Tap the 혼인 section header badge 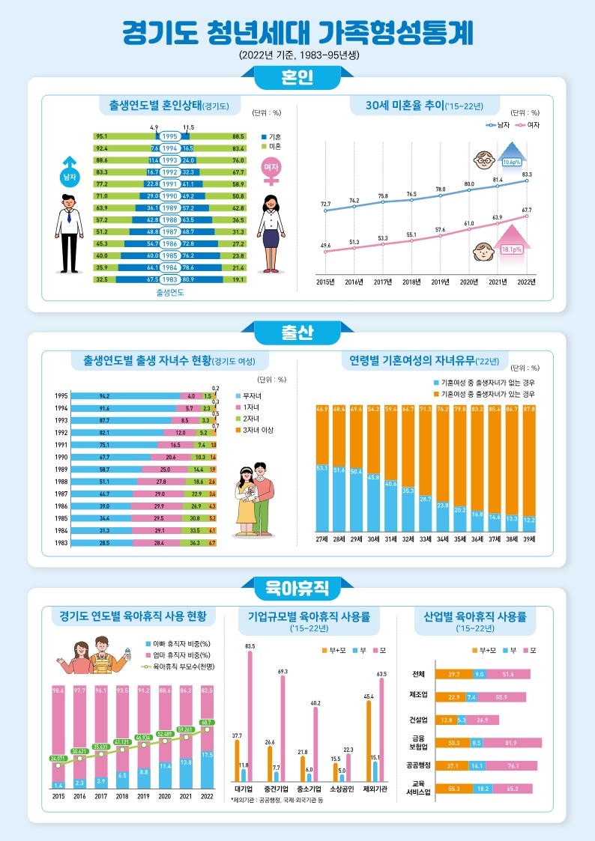(x=297, y=77)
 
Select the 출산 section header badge (x=297, y=332)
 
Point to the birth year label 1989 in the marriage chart (x=170, y=207)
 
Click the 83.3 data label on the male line (x=528, y=174)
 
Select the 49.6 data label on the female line (x=325, y=245)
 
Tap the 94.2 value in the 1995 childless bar (x=104, y=395)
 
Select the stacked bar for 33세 (x=426, y=467)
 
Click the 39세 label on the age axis (x=529, y=538)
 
